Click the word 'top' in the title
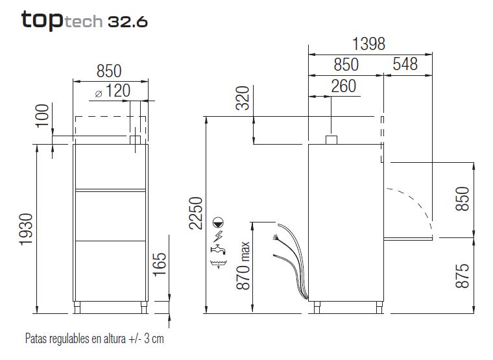pyautogui.click(x=42, y=21)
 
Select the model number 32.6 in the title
pyautogui.click(x=128, y=21)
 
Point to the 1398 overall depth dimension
pyautogui.click(x=369, y=43)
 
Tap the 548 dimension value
pyautogui.click(x=405, y=64)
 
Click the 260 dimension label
pyautogui.click(x=344, y=86)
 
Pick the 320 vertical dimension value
pyautogui.click(x=243, y=98)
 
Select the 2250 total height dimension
pyautogui.click(x=195, y=213)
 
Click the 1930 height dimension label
pyautogui.click(x=26, y=229)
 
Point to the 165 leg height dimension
pyautogui.click(x=160, y=265)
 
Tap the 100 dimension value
pyautogui.click(x=42, y=116)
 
